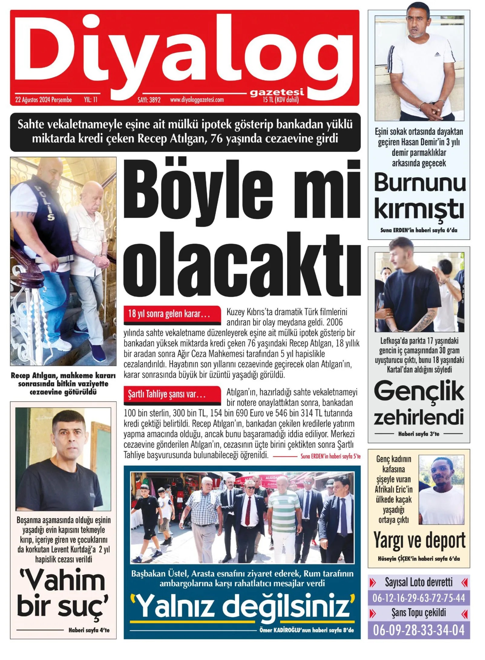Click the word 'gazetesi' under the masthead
pyautogui.click(x=277, y=92)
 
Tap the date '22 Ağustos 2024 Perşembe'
pyautogui.click(x=43, y=100)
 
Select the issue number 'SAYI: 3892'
pyautogui.click(x=149, y=100)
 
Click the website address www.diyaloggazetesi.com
pyautogui.click(x=197, y=100)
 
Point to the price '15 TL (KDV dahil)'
pyautogui.click(x=280, y=100)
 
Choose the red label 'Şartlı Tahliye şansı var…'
pyautogui.click(x=167, y=394)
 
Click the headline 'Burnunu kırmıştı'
pyautogui.click(x=419, y=195)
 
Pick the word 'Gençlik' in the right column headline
pyautogui.click(x=419, y=391)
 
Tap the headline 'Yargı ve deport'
pyautogui.click(x=419, y=540)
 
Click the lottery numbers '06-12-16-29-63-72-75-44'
pyautogui.click(x=419, y=598)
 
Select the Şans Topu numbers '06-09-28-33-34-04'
pyautogui.click(x=419, y=630)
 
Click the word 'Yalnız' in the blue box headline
pyautogui.click(x=176, y=605)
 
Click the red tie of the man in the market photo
pyautogui.click(x=248, y=511)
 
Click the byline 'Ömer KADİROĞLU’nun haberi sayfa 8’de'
pyautogui.click(x=306, y=630)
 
